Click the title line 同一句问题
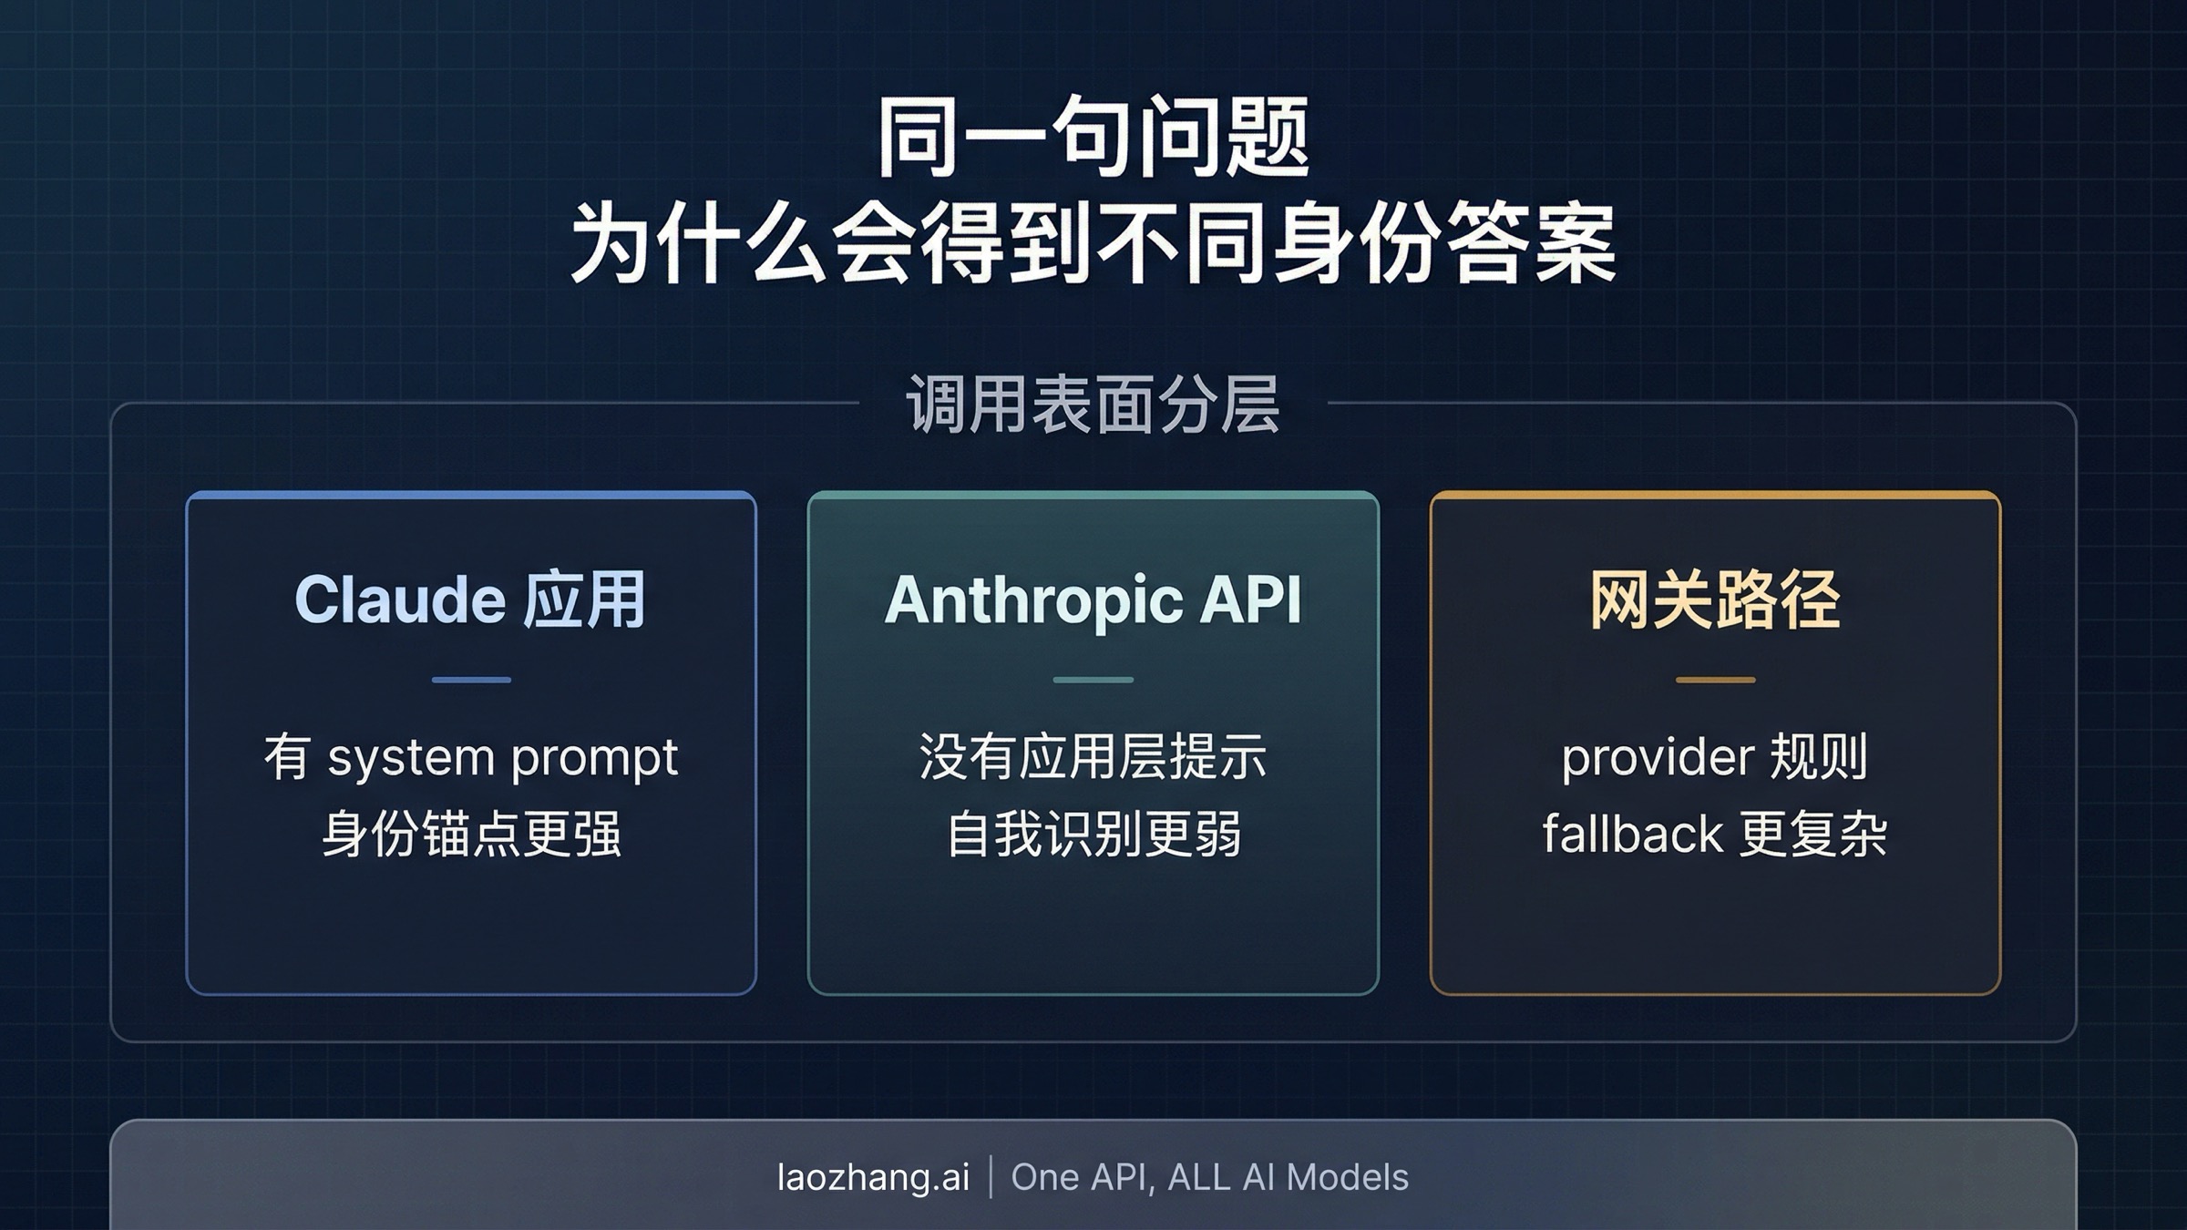point(1093,138)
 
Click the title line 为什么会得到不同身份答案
point(1093,243)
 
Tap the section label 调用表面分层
point(1093,404)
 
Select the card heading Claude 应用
point(470,600)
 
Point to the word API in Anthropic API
point(1250,600)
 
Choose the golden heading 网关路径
point(1715,600)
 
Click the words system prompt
point(502,758)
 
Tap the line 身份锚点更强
point(471,834)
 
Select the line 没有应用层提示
point(1093,757)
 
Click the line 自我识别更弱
point(1093,834)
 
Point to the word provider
point(1658,757)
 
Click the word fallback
point(1632,834)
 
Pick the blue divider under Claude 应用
point(471,680)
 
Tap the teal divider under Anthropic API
point(1093,680)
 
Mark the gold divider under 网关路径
point(1715,680)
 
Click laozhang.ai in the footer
point(873,1177)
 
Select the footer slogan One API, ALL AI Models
point(1209,1177)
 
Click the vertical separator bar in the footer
point(991,1177)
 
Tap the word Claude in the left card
point(399,600)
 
